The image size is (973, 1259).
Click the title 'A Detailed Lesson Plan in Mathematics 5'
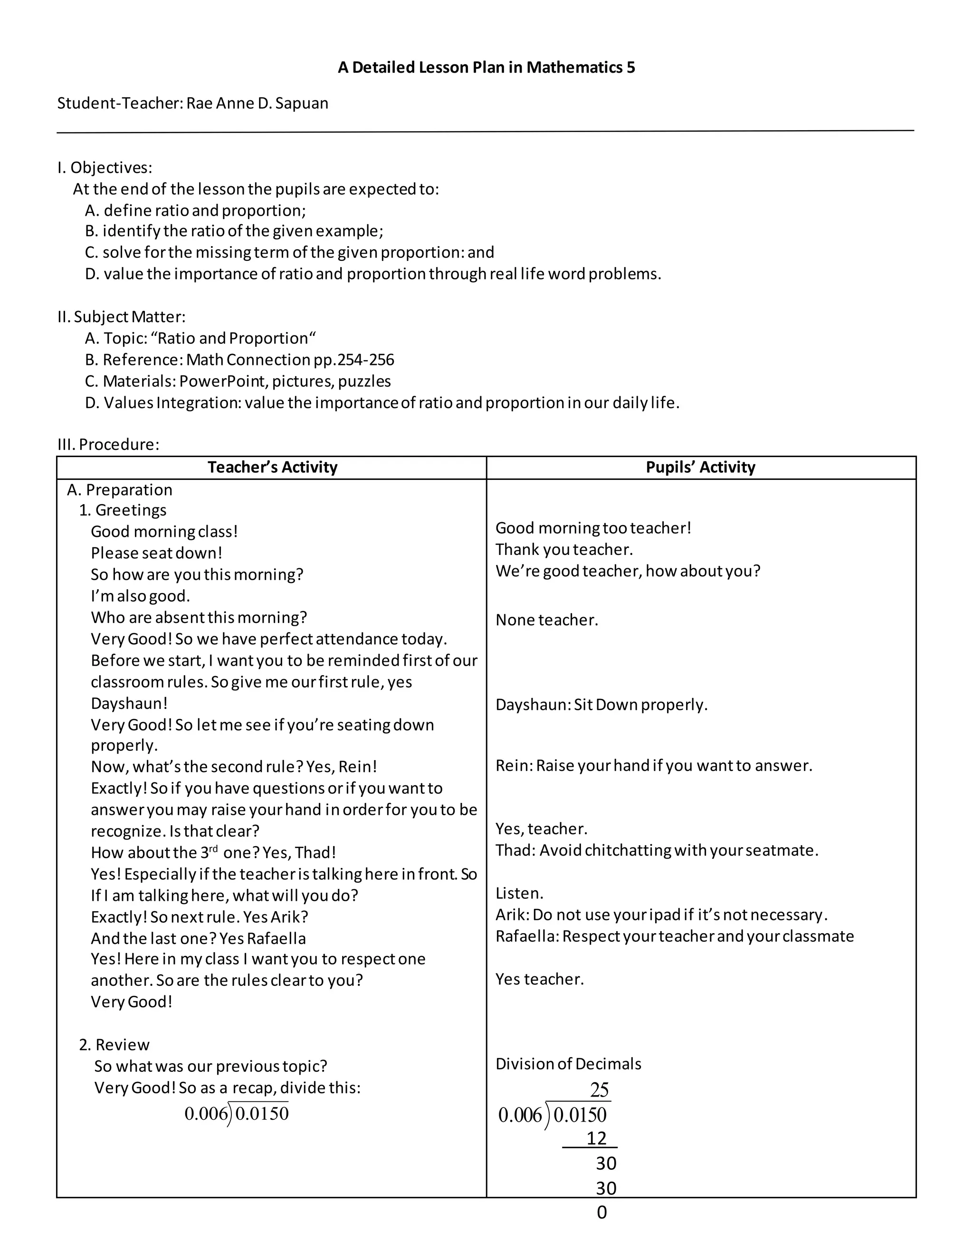(x=486, y=67)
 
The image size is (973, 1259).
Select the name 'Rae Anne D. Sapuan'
(x=257, y=103)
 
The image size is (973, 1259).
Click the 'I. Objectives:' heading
(x=105, y=168)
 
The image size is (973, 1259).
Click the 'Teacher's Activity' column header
(x=272, y=467)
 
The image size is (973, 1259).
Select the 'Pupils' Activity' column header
(x=700, y=467)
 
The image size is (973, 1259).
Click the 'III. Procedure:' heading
(x=108, y=445)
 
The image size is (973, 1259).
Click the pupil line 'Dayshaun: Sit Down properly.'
(x=601, y=705)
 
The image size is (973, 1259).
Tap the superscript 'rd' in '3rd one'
(x=213, y=849)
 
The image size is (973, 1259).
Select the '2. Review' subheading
(x=114, y=1045)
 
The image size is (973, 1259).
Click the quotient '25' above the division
(x=599, y=1089)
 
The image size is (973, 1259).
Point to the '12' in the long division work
(x=596, y=1138)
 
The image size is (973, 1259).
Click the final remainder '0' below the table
(x=602, y=1212)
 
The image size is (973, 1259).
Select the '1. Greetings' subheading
(x=122, y=510)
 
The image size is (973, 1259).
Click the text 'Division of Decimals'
(x=568, y=1064)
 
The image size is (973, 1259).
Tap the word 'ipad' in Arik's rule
(x=665, y=915)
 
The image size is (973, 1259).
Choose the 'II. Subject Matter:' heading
(x=121, y=317)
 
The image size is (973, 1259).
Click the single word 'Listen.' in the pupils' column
(x=519, y=894)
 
